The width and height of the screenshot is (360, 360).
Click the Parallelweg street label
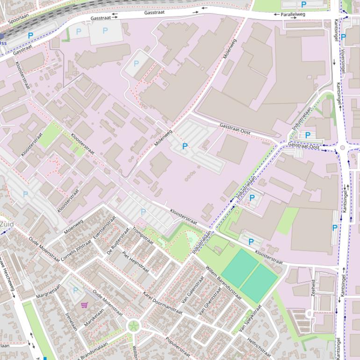point(293,14)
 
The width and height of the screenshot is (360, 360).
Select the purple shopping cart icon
point(85,305)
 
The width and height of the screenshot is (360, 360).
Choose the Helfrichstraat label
point(259,347)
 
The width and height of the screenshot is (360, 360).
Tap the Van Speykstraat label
point(249,320)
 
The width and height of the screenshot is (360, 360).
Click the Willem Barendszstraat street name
point(223,281)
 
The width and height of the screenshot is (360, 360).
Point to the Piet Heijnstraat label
point(135,262)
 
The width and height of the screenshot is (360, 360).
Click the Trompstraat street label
point(143,236)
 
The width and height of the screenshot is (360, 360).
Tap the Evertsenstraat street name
point(104,229)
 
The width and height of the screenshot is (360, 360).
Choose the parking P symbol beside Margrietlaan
point(76,290)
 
